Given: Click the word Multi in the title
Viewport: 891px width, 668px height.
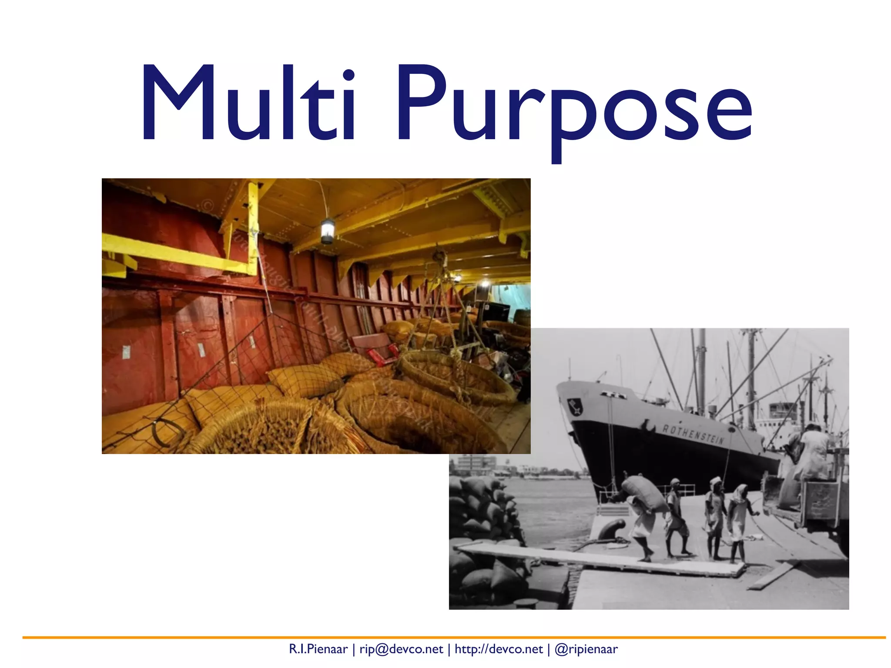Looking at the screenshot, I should pos(248,104).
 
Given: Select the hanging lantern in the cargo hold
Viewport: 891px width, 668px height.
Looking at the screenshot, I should pos(328,230).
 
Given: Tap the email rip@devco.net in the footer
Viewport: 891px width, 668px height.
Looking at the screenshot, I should pos(401,649).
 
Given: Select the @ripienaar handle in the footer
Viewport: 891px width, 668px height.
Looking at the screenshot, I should pos(586,649).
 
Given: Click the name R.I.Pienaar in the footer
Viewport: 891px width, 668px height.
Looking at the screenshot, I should pos(318,649).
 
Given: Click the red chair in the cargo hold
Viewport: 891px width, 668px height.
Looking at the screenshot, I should pos(375,346).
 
